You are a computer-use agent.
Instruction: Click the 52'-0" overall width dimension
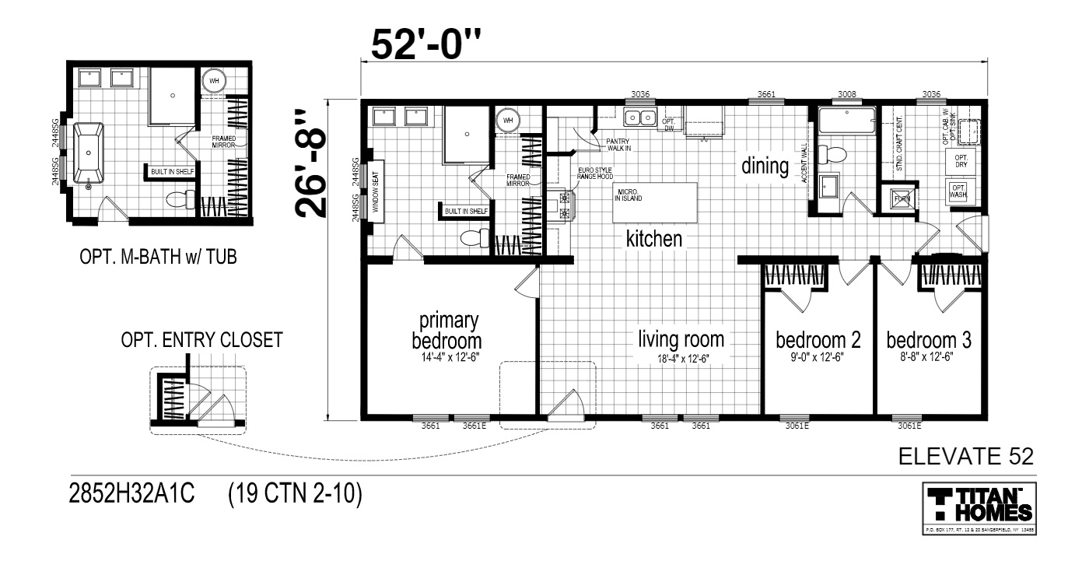[x=426, y=46]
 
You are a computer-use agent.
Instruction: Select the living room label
[x=681, y=340]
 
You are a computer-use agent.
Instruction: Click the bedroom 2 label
[x=818, y=340]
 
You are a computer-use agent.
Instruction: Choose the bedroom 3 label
[x=929, y=340]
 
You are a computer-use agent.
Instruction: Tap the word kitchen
[x=654, y=239]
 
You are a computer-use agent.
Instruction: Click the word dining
[x=765, y=166]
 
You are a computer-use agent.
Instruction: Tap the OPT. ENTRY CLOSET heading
[x=201, y=341]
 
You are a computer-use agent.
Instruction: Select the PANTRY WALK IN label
[x=618, y=145]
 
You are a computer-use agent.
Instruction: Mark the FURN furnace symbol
[x=902, y=198]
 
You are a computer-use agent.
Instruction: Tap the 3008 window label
[x=847, y=95]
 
